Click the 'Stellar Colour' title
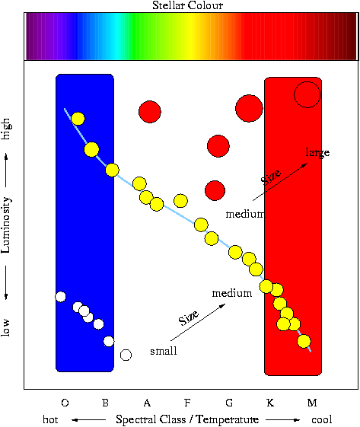[187, 5]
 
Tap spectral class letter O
[65, 403]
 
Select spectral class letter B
[105, 403]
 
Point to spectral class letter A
[147, 403]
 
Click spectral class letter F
[187, 403]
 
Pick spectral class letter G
[229, 403]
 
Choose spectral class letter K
[270, 403]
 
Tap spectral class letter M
[312, 403]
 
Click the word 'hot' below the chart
[50, 419]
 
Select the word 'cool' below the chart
[322, 419]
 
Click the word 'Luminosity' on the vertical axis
[6, 225]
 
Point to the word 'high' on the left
[6, 129]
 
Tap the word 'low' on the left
[6, 327]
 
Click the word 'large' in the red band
[317, 152]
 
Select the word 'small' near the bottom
[164, 351]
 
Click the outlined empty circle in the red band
[294, 95]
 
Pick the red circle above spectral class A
[150, 112]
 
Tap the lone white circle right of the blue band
[126, 355]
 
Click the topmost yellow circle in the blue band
[78, 119]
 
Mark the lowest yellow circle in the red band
[304, 341]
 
